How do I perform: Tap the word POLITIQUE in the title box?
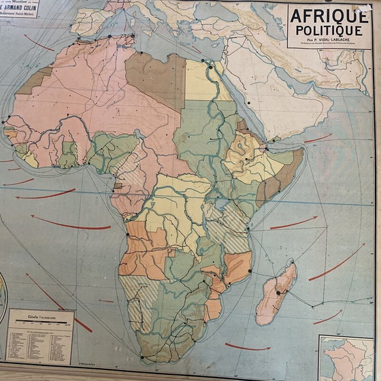(x=328, y=31)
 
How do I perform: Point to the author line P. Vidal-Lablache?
(x=328, y=42)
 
